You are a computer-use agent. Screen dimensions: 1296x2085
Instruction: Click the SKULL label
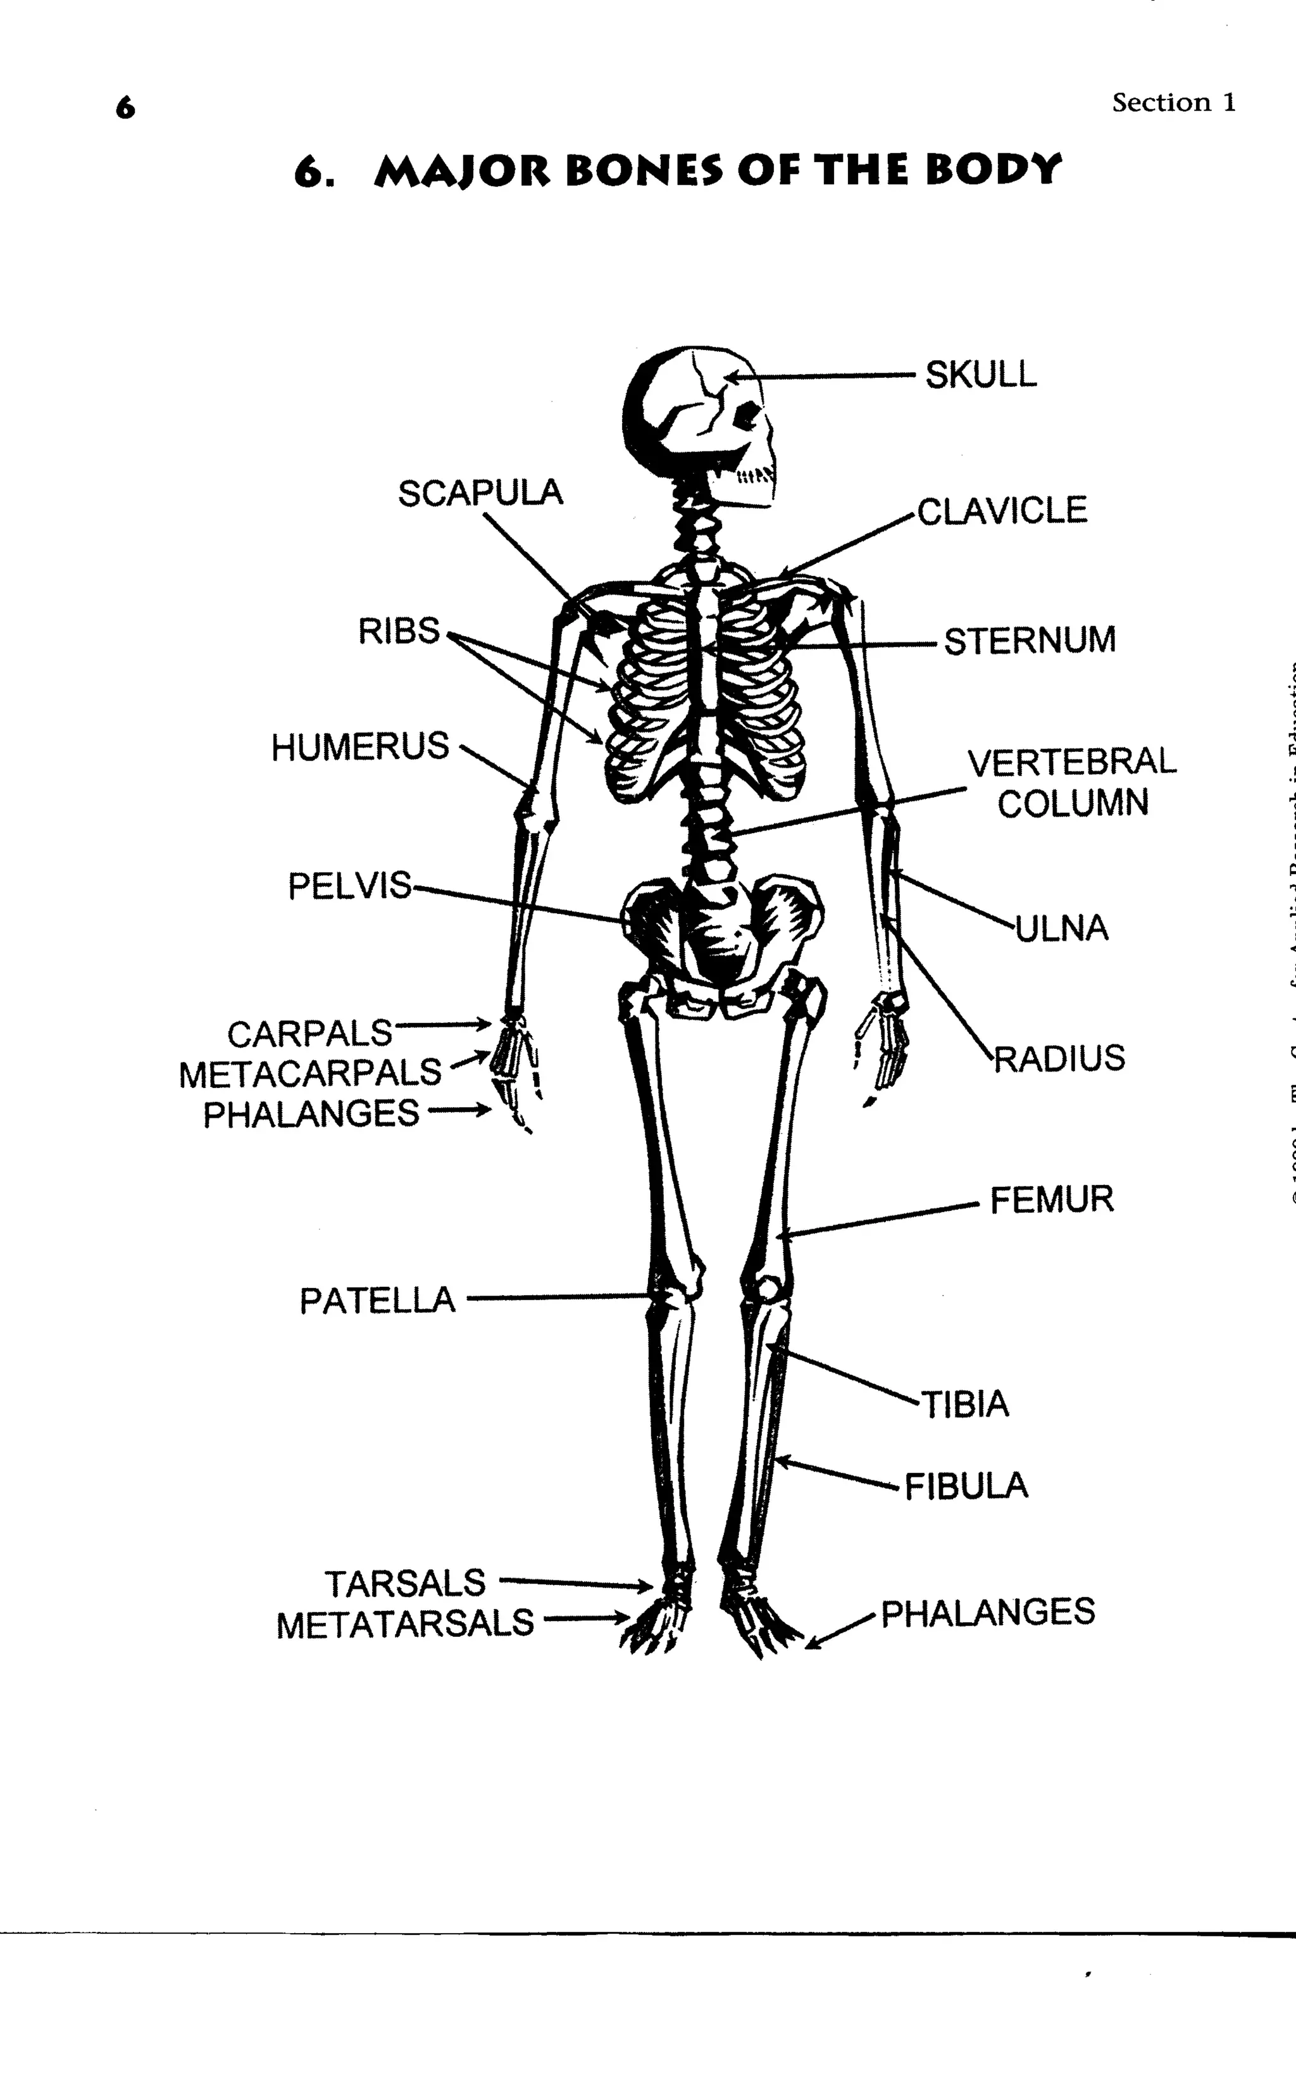coord(981,375)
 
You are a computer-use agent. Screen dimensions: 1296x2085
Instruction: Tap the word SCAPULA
coord(480,493)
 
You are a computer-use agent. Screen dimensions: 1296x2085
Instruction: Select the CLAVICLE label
coord(1002,511)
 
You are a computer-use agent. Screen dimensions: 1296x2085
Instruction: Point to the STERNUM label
coord(1030,641)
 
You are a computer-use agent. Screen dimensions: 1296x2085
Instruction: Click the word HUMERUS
coord(360,747)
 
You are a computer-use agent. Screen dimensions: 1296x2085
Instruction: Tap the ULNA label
coord(1062,928)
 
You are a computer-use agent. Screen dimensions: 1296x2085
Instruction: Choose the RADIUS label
coord(1059,1058)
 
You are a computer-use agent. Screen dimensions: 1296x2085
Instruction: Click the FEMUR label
coord(1052,1199)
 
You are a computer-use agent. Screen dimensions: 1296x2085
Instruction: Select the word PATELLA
coord(377,1301)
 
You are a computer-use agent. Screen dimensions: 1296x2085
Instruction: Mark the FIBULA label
coord(966,1486)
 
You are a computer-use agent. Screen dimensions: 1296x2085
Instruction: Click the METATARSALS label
coord(404,1623)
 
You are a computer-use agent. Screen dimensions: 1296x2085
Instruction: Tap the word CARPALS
coord(309,1034)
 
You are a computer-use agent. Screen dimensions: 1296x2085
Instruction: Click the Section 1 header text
coord(1173,103)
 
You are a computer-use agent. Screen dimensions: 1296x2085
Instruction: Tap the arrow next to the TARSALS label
coord(575,1582)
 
